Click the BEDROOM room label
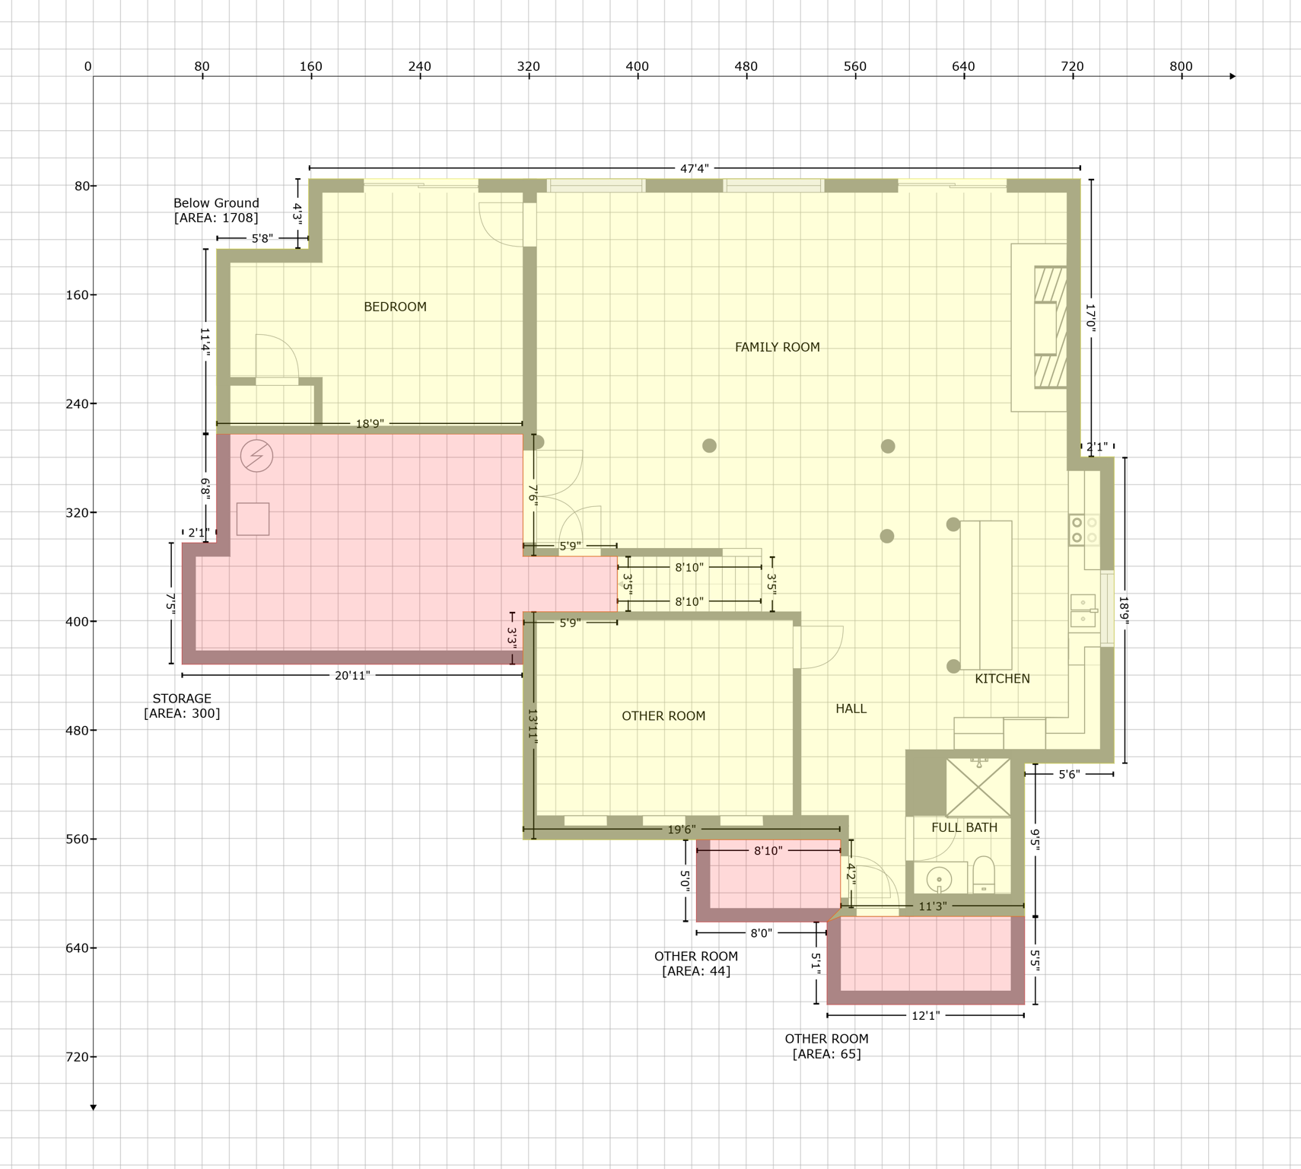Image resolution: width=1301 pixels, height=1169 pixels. coord(395,307)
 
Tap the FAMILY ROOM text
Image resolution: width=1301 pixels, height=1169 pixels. coord(777,347)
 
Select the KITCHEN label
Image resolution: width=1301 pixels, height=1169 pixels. coord(1002,678)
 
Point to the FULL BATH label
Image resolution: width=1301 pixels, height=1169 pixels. coord(964,827)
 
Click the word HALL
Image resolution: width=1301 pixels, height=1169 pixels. coord(851,709)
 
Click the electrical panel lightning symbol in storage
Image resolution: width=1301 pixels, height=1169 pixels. coord(256,456)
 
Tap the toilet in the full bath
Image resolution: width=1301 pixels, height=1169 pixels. coord(984,875)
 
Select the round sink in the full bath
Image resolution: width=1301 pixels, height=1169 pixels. coord(940,880)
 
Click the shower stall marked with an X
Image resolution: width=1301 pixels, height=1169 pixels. coord(978,787)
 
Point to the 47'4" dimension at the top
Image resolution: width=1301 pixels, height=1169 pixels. coord(694,168)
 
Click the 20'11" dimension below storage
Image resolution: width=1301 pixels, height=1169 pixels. coord(352,675)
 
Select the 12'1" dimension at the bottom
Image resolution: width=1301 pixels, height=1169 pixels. coord(925,1015)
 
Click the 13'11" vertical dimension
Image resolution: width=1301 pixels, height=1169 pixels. coord(533,727)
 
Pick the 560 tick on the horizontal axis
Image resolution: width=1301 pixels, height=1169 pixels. coord(854,67)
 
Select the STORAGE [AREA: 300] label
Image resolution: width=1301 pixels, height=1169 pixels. coord(182,706)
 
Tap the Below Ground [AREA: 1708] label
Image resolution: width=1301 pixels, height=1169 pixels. coord(216,210)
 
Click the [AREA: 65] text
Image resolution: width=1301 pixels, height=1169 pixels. coord(826,1054)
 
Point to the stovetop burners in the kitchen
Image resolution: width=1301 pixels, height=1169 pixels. coord(1084,530)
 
